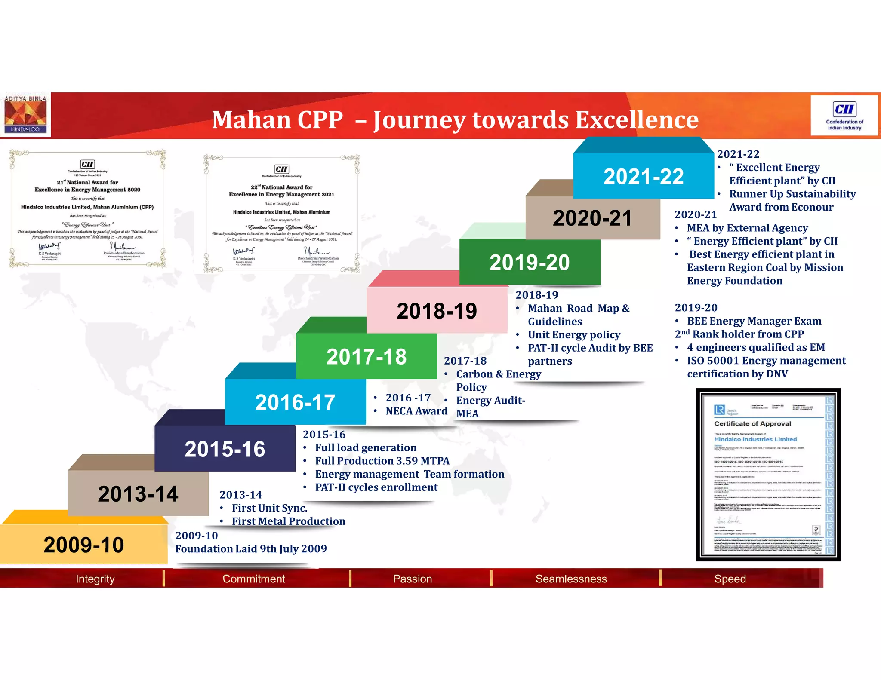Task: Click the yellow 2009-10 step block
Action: pyautogui.click(x=83, y=545)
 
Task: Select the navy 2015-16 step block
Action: pyautogui.click(x=225, y=449)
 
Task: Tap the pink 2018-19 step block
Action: pyautogui.click(x=437, y=311)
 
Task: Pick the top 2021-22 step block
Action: pyautogui.click(x=643, y=176)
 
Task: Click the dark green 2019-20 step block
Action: pyautogui.click(x=529, y=262)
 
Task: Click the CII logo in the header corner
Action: pyautogui.click(x=844, y=116)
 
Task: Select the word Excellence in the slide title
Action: pyautogui.click(x=637, y=119)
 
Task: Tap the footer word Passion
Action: pyautogui.click(x=412, y=579)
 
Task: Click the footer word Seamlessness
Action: pyautogui.click(x=571, y=579)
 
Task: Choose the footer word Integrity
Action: pyautogui.click(x=95, y=579)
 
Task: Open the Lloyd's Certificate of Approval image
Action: pyautogui.click(x=768, y=475)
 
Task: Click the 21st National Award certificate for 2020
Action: pyautogui.click(x=87, y=209)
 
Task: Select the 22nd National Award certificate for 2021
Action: pyautogui.click(x=282, y=214)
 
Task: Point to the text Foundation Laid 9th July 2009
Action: pyautogui.click(x=251, y=548)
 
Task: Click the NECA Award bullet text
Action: pyautogui.click(x=416, y=411)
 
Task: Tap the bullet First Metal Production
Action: pyautogui.click(x=288, y=521)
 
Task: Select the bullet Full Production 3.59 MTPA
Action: pyautogui.click(x=382, y=461)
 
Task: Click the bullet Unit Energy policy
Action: pyautogui.click(x=574, y=334)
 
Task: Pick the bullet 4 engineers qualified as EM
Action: pyautogui.click(x=755, y=347)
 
